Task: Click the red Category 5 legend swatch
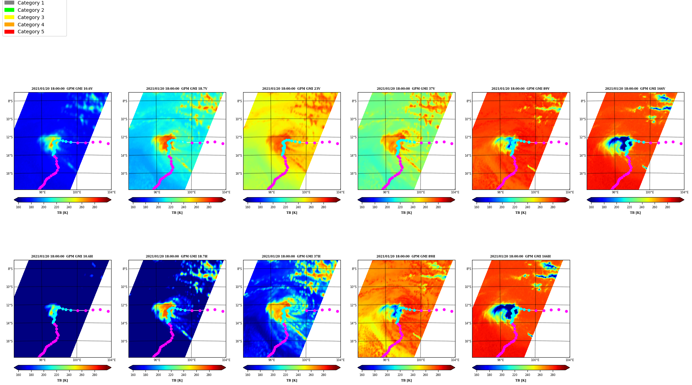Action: [9, 32]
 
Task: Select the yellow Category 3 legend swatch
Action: [9, 17]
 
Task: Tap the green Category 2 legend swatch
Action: [9, 10]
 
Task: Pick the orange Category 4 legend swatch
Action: [9, 25]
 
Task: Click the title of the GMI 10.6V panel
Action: [62, 89]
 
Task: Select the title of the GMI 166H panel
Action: [520, 256]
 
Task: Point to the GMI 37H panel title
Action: [291, 256]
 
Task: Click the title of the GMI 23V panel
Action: [291, 89]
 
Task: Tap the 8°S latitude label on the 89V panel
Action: [469, 101]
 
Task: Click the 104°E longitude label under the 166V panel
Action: [684, 192]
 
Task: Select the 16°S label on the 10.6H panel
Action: [9, 341]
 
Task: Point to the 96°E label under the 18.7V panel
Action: [157, 192]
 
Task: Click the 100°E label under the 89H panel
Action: [420, 360]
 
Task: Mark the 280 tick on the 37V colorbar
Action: [438, 207]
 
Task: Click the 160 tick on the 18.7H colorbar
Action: [133, 375]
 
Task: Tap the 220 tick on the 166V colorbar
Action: [629, 207]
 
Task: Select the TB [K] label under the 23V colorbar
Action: [292, 213]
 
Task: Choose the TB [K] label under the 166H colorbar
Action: [521, 380]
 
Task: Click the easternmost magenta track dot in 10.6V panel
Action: [108, 143]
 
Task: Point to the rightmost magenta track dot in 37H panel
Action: [337, 311]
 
